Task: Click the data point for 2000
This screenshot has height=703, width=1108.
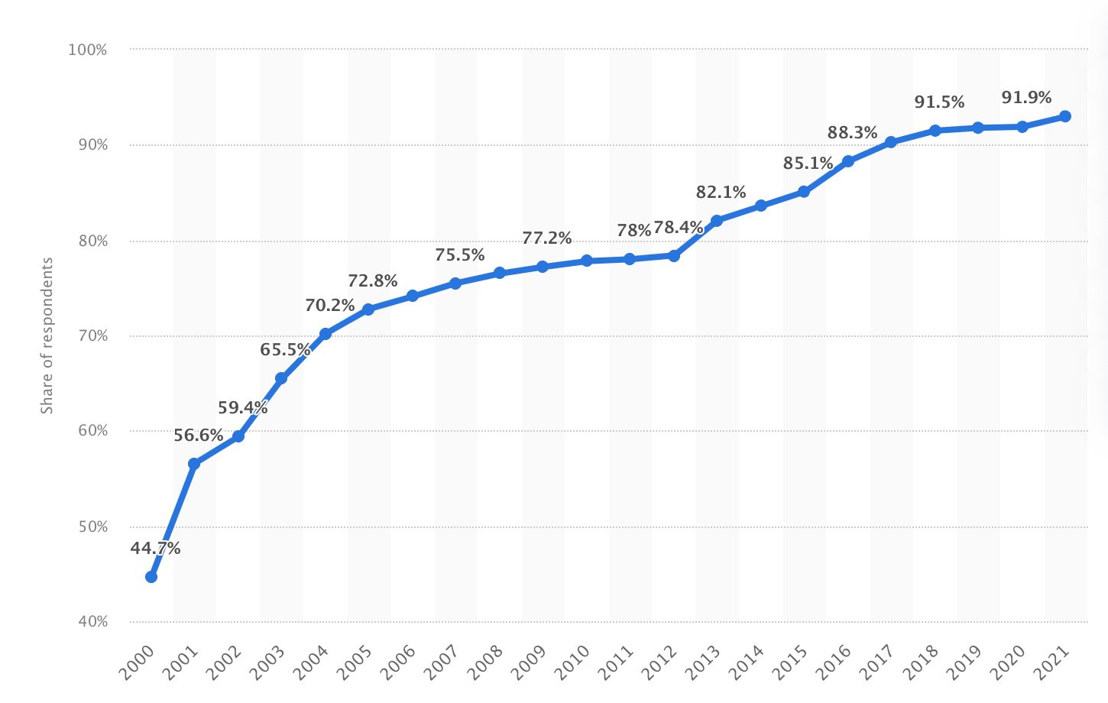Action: coord(151,577)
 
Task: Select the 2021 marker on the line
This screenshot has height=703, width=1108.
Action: coord(1065,116)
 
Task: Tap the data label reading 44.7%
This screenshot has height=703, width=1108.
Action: coord(155,548)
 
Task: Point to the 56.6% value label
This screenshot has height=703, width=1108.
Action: coord(199,436)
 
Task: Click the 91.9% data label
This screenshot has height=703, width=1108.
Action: coord(1026,98)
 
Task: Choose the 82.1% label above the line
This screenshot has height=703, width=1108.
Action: coord(721,193)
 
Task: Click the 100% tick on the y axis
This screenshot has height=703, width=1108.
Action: coord(88,50)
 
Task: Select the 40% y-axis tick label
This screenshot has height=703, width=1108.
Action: coord(92,622)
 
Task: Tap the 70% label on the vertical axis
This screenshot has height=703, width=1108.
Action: coord(92,336)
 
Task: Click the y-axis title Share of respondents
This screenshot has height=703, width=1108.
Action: coord(47,335)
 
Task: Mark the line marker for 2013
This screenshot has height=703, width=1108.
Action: coord(717,221)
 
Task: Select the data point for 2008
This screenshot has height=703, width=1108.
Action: coord(500,273)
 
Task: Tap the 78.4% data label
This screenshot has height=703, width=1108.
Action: coord(678,228)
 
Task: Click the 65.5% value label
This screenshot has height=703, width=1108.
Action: coord(285,350)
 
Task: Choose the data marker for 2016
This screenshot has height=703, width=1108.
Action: coord(848,161)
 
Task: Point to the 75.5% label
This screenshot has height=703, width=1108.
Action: coord(460,255)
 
